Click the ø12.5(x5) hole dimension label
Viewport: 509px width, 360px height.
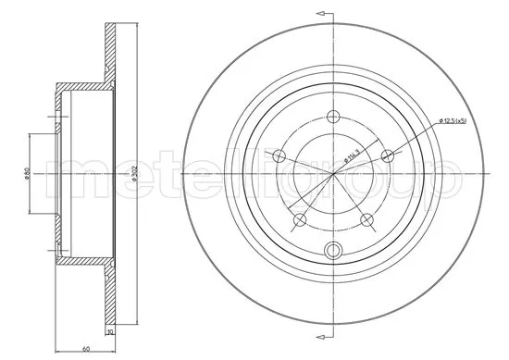tap(454, 121)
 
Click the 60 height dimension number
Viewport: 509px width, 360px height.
tap(84, 350)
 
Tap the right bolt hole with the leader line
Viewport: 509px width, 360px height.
tap(389, 155)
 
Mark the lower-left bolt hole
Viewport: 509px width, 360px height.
tap(300, 220)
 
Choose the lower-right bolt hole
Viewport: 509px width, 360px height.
tap(367, 220)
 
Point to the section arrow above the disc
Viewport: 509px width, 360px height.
tap(324, 14)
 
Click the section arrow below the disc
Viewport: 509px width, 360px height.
tap(324, 346)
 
